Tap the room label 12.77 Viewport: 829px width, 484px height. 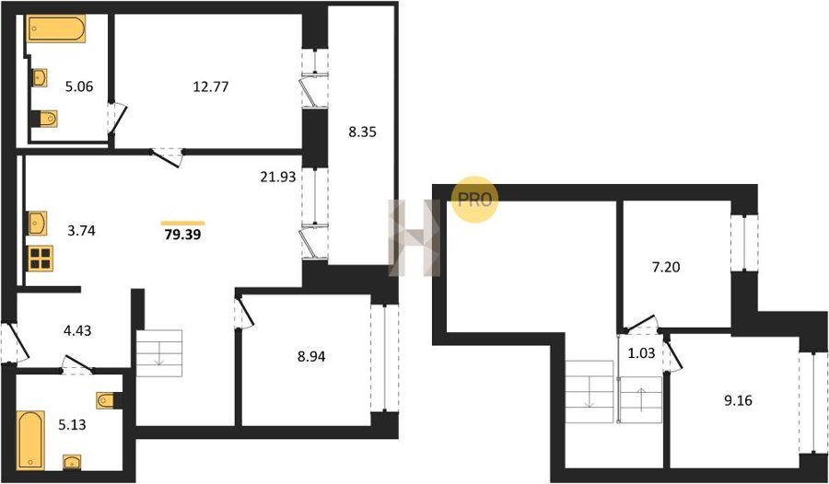coord(211,86)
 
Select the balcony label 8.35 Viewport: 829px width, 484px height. coord(362,133)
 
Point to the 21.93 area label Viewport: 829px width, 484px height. coord(277,177)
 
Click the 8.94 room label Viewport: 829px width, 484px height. coord(311,357)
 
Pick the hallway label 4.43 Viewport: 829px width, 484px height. coord(76,330)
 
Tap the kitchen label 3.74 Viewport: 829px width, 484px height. coord(80,230)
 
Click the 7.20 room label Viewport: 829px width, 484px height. coord(665,268)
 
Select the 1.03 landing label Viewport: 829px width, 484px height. coord(641,353)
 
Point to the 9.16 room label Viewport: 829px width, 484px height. coord(737,400)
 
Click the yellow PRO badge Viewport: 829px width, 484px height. coord(474,199)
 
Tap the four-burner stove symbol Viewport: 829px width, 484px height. coord(41,259)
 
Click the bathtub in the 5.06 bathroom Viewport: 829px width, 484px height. coord(55,29)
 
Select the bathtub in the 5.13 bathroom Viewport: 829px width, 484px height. coord(30,440)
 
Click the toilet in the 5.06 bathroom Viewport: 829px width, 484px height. coord(44,119)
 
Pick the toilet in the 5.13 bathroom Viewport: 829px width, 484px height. coord(109,400)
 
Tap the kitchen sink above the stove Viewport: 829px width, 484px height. coord(38,224)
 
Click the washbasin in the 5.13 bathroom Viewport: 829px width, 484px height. coord(72,462)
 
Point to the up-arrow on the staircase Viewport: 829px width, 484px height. coord(641,399)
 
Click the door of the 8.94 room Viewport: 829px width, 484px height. coord(244,313)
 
